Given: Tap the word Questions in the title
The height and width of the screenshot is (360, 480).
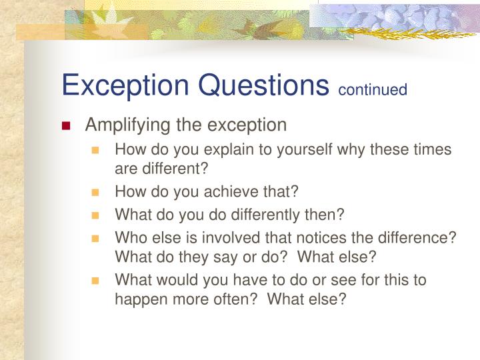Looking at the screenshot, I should coord(267,85).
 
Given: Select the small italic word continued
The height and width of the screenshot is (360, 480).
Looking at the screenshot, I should coord(373,89).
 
